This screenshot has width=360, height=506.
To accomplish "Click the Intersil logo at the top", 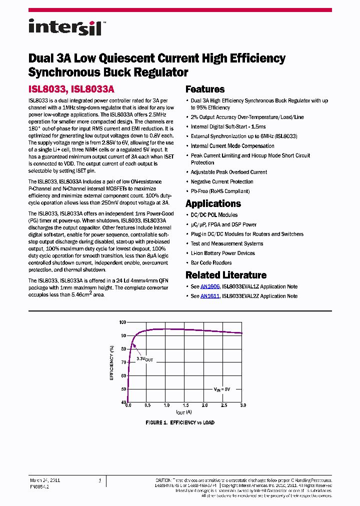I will pyautogui.click(x=65, y=27).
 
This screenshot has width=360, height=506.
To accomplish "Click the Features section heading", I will pyautogui.click(x=205, y=89).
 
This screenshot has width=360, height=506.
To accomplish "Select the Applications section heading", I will pyautogui.click(x=213, y=203).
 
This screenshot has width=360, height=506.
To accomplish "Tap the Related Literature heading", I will pyautogui.click(x=225, y=275).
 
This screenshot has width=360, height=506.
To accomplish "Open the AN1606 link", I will pyautogui.click(x=210, y=286).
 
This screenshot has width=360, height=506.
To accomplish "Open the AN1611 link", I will pyautogui.click(x=210, y=296).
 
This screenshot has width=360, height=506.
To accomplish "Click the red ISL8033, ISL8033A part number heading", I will pyautogui.click(x=71, y=89).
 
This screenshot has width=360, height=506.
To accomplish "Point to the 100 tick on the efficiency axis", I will pyautogui.click(x=122, y=322).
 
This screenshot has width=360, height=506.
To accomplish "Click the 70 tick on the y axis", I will pyautogui.click(x=123, y=362).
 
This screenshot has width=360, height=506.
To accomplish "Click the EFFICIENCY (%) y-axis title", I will pyautogui.click(x=112, y=362).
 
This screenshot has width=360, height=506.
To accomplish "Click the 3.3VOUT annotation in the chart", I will pyautogui.click(x=145, y=359).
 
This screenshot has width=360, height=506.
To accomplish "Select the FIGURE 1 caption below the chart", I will pyautogui.click(x=179, y=422).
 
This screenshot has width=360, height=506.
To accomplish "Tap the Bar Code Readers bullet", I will pyautogui.click(x=211, y=262).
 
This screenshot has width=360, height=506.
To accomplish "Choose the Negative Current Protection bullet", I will pyautogui.click(x=222, y=181).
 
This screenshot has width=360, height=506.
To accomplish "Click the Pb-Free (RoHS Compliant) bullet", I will pyautogui.click(x=220, y=191).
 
